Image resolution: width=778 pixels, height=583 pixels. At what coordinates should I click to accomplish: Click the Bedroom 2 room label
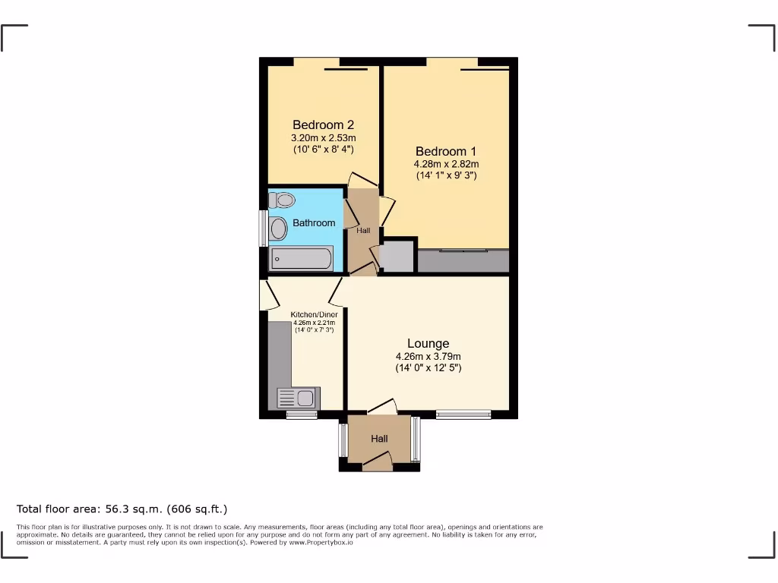(x=324, y=124)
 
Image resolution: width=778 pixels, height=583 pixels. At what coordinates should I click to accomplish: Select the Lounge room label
(x=428, y=344)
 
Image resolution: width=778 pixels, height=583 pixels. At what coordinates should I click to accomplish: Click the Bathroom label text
(x=314, y=223)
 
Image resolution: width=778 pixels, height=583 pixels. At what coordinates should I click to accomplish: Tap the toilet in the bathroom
(x=283, y=200)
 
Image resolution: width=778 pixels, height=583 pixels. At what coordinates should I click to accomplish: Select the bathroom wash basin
(x=278, y=228)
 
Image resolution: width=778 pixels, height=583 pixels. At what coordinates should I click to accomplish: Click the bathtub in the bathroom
(x=301, y=259)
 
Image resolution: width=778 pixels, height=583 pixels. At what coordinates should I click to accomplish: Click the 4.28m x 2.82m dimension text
(x=446, y=164)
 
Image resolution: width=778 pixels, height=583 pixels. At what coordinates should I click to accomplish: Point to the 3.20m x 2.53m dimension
(x=324, y=138)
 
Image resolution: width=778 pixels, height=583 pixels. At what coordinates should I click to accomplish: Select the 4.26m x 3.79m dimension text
(x=428, y=357)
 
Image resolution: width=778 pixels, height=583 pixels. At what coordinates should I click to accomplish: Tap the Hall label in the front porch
(x=379, y=439)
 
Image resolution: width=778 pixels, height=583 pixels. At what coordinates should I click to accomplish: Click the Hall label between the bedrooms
(x=363, y=230)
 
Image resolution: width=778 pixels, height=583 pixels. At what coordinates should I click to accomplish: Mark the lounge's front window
(x=463, y=414)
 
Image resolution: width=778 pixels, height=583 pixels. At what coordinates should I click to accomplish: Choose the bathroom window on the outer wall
(x=263, y=228)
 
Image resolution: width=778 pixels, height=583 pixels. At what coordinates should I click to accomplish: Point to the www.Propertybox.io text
(x=319, y=543)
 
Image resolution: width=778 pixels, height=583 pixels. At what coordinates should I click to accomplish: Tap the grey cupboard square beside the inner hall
(x=397, y=256)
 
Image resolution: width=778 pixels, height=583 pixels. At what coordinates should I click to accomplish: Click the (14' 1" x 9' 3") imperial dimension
(x=446, y=176)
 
